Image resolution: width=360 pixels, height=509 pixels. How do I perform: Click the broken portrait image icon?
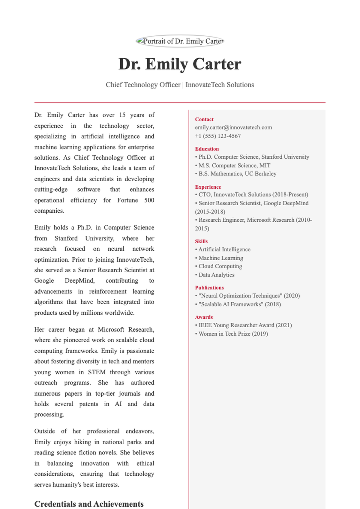[x=140, y=41]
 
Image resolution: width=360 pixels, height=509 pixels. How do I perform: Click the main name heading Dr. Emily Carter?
[x=180, y=64]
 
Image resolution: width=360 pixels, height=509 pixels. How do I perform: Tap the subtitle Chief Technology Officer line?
[x=180, y=85]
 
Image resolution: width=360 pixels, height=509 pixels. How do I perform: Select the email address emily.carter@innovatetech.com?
[x=233, y=127]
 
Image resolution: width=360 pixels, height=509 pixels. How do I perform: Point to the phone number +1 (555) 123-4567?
[x=218, y=136]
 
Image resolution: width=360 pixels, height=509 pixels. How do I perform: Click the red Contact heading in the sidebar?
[x=204, y=119]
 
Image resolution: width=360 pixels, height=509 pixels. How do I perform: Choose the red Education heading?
[x=207, y=149]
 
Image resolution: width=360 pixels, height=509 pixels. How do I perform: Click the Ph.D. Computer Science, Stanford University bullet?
[x=252, y=157]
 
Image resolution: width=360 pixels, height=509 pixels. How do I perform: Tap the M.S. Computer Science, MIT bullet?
[x=233, y=165]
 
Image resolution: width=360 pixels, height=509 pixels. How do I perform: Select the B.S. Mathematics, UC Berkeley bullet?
[x=236, y=174]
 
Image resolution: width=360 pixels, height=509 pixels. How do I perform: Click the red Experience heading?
[x=208, y=187]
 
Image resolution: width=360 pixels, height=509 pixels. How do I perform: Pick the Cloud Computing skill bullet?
[x=219, y=266]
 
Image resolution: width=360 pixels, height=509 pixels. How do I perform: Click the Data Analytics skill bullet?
[x=215, y=275]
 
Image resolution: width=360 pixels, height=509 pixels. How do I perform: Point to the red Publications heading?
[x=209, y=288]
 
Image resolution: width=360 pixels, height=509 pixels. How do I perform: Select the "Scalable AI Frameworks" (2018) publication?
[x=238, y=304]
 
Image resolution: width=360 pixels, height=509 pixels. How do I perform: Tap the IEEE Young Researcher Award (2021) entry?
[x=244, y=325]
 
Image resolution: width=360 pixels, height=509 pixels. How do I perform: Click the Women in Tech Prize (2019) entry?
[x=232, y=334]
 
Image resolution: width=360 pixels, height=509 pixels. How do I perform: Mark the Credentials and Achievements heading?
[x=89, y=504]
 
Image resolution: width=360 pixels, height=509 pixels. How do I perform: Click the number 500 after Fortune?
[x=149, y=200]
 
